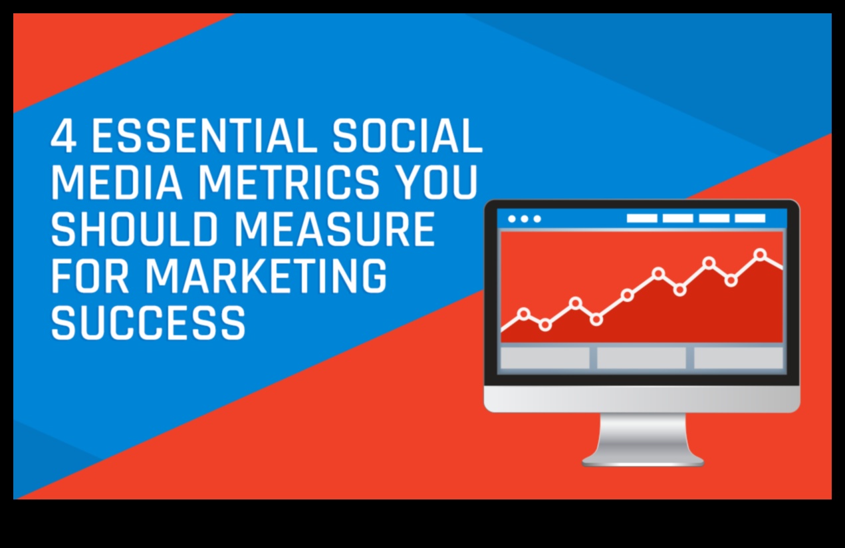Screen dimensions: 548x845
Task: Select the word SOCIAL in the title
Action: (407, 136)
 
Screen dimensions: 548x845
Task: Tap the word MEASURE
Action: (334, 229)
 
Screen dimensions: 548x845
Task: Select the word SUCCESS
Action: (148, 323)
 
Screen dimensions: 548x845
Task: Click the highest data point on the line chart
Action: (761, 254)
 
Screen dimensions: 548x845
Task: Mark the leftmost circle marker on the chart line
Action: (524, 313)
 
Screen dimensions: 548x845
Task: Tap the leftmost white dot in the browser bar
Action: (512, 219)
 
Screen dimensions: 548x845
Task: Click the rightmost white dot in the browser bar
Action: (537, 219)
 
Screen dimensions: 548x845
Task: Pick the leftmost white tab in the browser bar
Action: (642, 219)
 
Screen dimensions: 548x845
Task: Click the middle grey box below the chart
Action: (642, 358)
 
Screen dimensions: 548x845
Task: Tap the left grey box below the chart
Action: (544, 358)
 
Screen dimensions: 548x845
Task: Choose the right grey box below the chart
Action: (739, 358)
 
